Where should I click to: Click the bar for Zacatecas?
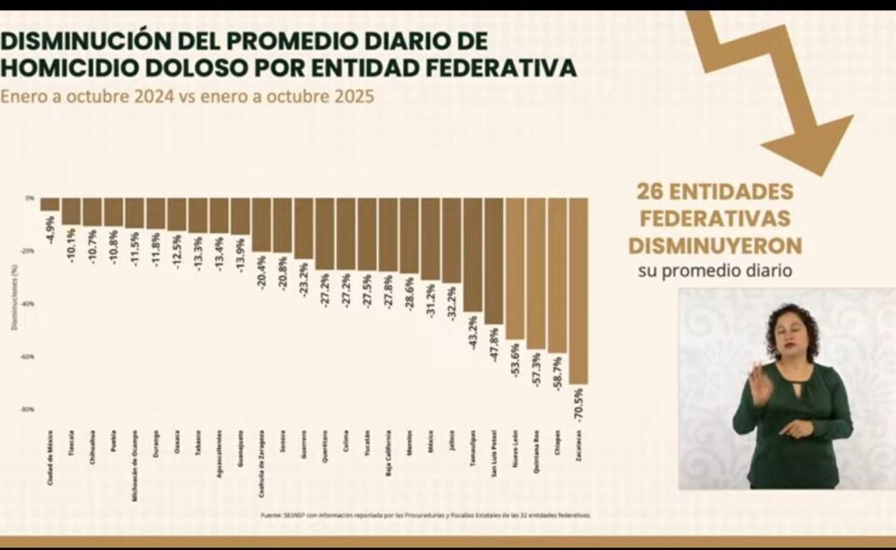pos(578,290)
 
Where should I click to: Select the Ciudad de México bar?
pos(49,204)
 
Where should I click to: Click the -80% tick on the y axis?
pos(27,409)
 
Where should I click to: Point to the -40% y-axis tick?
pos(27,304)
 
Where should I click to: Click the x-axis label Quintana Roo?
pos(537,454)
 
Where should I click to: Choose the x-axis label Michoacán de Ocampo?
pos(135,459)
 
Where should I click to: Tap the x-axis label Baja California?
pos(388,456)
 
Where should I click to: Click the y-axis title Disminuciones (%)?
pos(14,303)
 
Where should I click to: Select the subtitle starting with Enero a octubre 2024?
pos(187,96)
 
